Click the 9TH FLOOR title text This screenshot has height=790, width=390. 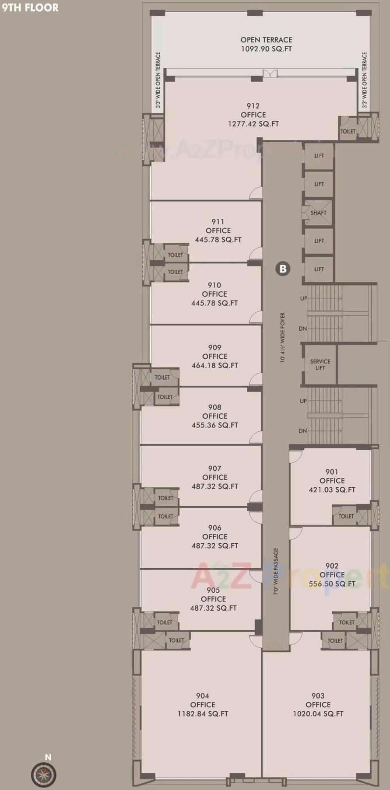coord(30,7)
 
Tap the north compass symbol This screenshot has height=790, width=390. coord(44,775)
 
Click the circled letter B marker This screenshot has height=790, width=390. coord(283,269)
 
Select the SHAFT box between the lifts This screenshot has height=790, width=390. coord(319,213)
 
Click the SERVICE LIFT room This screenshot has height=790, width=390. coord(320,364)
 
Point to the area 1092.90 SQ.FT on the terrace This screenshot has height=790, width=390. coord(266,49)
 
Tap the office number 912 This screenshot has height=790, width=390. coord(253,106)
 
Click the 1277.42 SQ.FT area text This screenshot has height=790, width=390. coord(253,124)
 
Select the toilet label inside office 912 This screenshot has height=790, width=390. coord(348,131)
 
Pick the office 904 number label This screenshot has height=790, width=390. coord(203,696)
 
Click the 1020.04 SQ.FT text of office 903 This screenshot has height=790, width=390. coord(318,713)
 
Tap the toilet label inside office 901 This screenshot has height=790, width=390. coord(346,516)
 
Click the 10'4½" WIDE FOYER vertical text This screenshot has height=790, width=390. coord(283,337)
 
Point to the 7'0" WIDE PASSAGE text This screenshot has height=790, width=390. coord(276,571)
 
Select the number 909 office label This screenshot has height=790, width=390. coord(214,347)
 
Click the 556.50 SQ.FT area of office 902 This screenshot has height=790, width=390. coord(332,584)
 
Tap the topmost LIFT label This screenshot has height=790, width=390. coord(319,156)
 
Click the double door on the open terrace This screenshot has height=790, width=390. coord(270,73)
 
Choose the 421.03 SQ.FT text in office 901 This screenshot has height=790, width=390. coord(332,489)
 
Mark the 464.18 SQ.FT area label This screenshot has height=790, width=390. coord(214,365)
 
